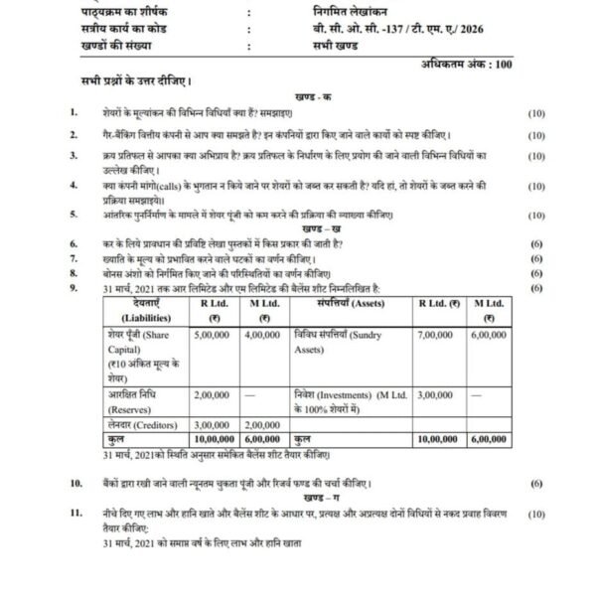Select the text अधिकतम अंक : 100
pyautogui.click(x=463, y=64)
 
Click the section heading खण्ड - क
pyautogui.click(x=316, y=95)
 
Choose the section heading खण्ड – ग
pyautogui.click(x=316, y=497)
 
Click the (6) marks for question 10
pyautogui.click(x=536, y=483)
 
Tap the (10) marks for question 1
pyautogui.click(x=536, y=112)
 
